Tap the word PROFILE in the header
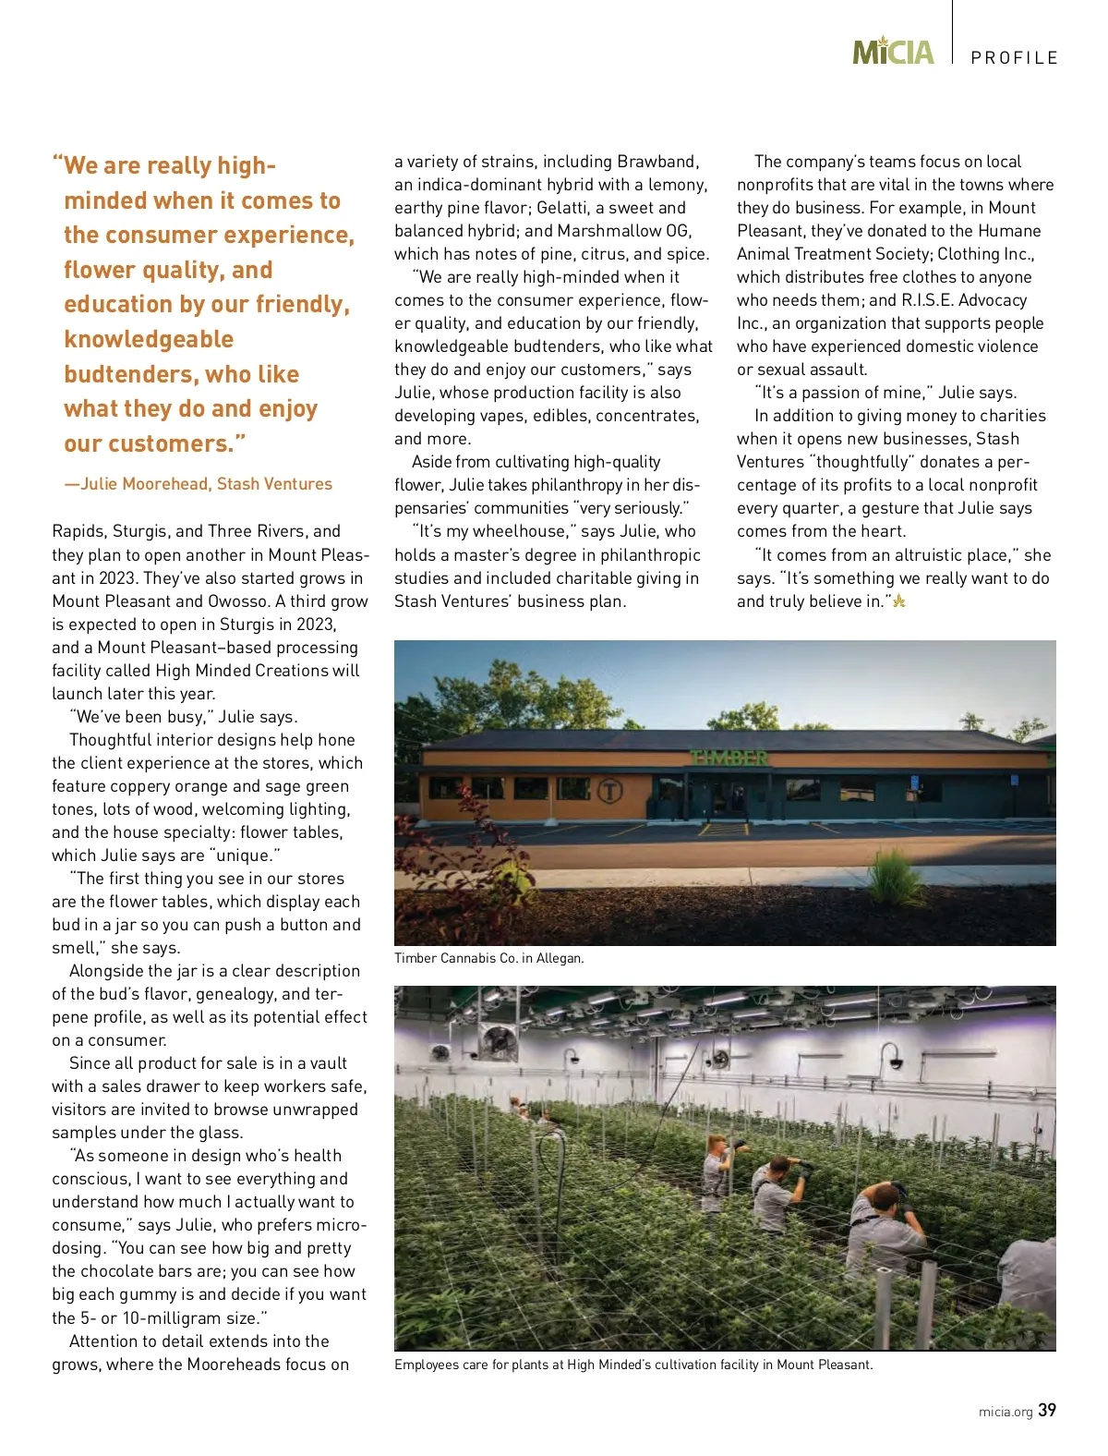1014,58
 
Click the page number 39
1047,1410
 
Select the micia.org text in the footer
1006,1412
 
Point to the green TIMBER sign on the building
729,758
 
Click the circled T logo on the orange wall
610,791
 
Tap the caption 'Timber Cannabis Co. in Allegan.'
488,958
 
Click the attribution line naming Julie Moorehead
198,484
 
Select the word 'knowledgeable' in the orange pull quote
149,339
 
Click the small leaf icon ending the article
898,601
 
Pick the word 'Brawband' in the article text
657,162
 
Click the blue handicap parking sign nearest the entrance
915,782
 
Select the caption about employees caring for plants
632,1365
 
